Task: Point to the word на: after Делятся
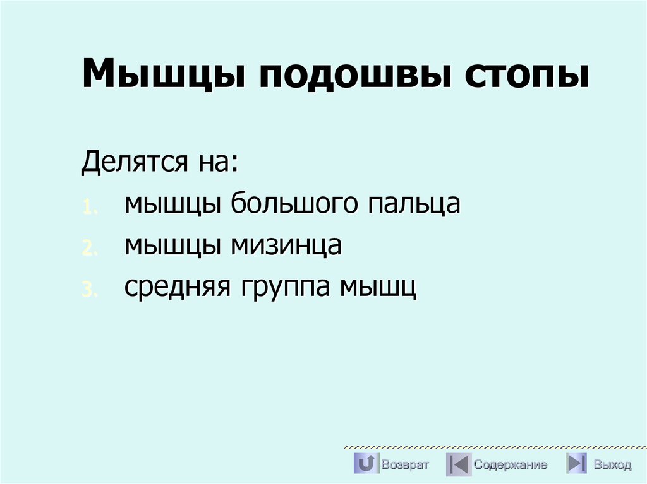click(x=217, y=164)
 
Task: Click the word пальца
click(x=414, y=205)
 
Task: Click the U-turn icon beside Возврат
click(x=366, y=464)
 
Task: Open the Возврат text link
click(x=405, y=465)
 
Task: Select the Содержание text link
click(x=510, y=465)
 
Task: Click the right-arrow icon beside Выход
click(x=576, y=464)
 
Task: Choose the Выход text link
click(x=612, y=465)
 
